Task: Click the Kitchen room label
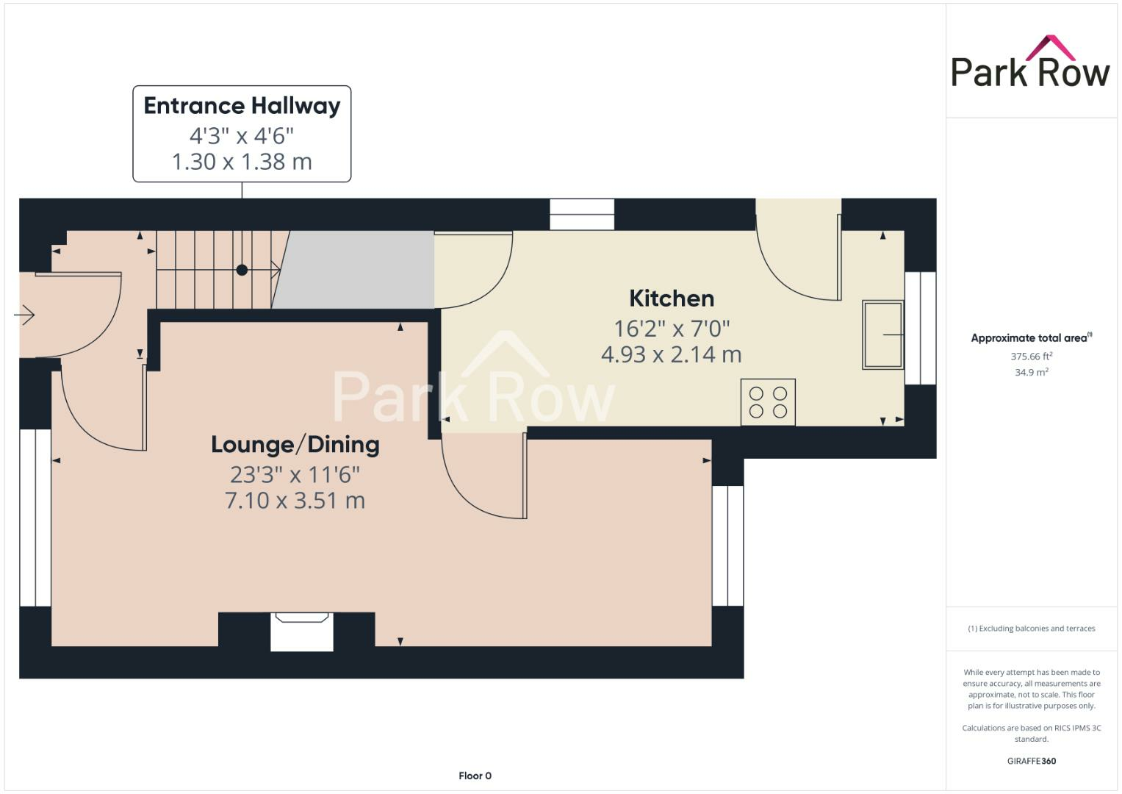coord(672,298)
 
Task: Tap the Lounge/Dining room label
coord(295,444)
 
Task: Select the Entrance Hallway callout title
coord(242,106)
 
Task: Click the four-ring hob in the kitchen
coord(768,402)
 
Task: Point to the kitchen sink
coord(882,335)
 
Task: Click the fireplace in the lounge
coord(301,631)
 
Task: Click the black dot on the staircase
coord(242,270)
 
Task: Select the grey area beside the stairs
coord(356,270)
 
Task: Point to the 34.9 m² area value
coord(1031,373)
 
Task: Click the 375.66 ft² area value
coord(1031,357)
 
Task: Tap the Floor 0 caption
coord(475,776)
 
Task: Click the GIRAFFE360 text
coord(1031,761)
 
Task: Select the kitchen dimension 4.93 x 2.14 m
coord(671,354)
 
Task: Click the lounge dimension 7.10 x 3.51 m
coord(295,501)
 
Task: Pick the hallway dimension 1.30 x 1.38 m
coord(242,162)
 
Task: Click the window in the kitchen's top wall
coord(582,214)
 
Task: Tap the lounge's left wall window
coord(35,518)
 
